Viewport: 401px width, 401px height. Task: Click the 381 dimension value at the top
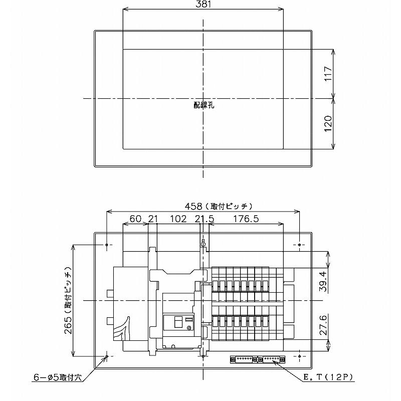tap(204, 5)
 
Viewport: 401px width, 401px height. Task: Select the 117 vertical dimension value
tap(328, 74)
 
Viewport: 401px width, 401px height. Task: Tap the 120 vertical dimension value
tap(328, 124)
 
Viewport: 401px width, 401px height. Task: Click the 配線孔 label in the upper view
tap(204, 105)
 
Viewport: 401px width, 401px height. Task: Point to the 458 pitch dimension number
tap(193, 206)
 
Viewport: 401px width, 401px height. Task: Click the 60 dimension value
tap(135, 219)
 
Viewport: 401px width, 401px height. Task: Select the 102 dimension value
tap(178, 219)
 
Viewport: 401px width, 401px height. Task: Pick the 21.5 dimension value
tap(205, 219)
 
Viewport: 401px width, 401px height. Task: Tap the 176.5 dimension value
tap(246, 219)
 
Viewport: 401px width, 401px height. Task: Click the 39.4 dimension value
tap(323, 282)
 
